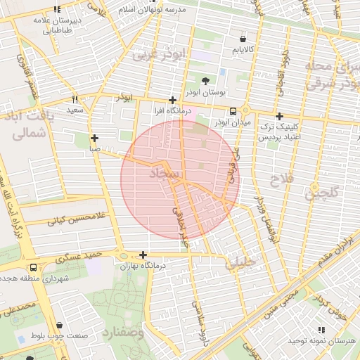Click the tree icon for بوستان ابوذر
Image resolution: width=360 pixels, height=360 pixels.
tap(205, 81)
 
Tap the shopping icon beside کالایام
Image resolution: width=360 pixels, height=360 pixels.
tap(243, 39)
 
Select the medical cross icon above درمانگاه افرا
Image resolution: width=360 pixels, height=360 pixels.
tap(172, 101)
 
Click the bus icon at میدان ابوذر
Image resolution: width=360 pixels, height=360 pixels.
tap(233, 111)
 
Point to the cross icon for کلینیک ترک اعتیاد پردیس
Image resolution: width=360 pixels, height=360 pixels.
tap(279, 116)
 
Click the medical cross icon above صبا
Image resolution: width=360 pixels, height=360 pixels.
tap(94, 139)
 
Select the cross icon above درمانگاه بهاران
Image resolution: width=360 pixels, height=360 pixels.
tap(143, 255)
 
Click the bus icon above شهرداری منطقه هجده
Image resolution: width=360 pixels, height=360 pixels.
tap(34, 268)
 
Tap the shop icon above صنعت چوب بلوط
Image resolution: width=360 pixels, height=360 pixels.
tap(58, 326)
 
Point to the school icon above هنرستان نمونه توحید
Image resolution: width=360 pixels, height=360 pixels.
tap(321, 329)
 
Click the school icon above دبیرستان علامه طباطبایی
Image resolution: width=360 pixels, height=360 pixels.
tap(57, 9)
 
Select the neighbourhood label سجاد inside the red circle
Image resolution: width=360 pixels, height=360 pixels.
tap(166, 172)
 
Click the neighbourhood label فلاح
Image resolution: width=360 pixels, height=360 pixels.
tap(280, 181)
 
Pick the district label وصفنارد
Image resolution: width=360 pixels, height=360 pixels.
tap(122, 333)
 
